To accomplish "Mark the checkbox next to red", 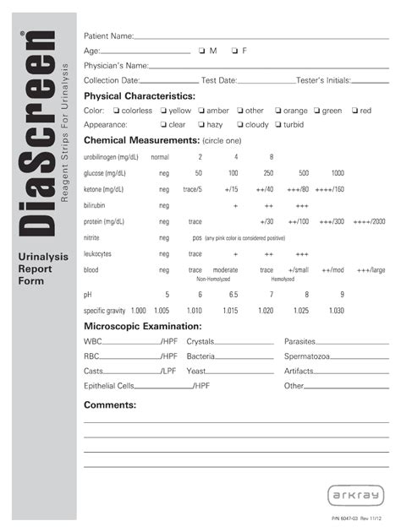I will click(x=354, y=111).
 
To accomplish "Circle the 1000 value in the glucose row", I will click(x=338, y=173).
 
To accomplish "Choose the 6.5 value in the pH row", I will click(x=233, y=294).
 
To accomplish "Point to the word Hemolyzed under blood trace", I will click(x=283, y=278).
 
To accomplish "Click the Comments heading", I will click(x=110, y=404).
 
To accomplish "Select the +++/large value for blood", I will click(x=371, y=269).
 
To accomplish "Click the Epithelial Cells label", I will click(x=109, y=385).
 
